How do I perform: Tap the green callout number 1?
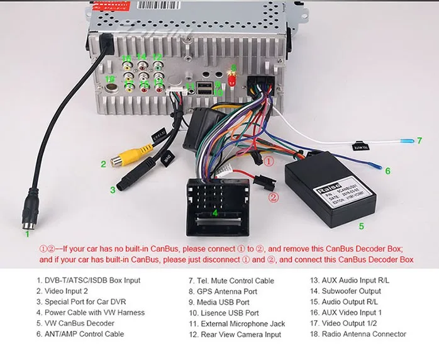point(27,233)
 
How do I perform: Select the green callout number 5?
point(361,225)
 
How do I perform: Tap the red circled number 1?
point(269,162)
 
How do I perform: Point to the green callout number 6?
point(387,171)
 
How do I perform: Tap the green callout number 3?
point(113,189)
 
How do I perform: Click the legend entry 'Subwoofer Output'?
point(353,291)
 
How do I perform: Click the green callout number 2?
point(103,165)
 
